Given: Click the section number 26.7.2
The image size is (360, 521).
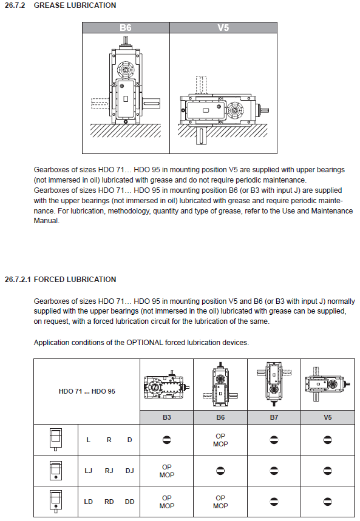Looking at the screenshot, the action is click(x=15, y=5).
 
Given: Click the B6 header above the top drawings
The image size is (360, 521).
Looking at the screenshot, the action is click(x=126, y=27).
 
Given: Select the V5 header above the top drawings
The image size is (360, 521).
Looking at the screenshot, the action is click(x=223, y=27).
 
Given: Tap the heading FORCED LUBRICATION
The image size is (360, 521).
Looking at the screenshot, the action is click(x=75, y=280).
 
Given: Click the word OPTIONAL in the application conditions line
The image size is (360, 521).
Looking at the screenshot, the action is click(x=144, y=343).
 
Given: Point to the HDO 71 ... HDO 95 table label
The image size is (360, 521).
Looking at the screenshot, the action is click(x=87, y=391).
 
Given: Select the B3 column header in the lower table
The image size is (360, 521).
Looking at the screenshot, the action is click(x=167, y=417).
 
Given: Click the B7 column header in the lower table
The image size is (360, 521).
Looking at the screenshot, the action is click(x=274, y=417).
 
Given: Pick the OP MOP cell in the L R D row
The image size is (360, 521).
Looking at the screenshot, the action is click(x=220, y=440).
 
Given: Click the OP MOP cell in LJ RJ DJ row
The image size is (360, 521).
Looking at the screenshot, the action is click(x=167, y=471).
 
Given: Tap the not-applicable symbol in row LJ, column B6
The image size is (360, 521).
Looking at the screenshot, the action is click(x=220, y=471).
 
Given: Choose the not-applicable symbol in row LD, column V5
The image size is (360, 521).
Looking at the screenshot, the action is click(x=328, y=502).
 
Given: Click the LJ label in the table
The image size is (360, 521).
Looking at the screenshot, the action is click(x=88, y=471).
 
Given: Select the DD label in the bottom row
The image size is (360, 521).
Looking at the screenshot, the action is click(x=129, y=502).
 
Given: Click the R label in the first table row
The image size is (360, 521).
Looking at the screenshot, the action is click(x=109, y=440).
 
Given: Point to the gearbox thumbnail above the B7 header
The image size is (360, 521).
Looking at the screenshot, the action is click(x=274, y=384).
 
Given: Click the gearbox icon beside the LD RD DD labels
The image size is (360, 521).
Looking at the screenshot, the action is click(x=56, y=501).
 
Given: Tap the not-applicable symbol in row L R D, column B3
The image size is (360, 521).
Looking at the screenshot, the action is click(x=167, y=440).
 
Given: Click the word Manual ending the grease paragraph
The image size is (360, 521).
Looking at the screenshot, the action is click(x=46, y=221).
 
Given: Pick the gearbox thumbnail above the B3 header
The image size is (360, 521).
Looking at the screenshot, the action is click(x=167, y=385).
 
